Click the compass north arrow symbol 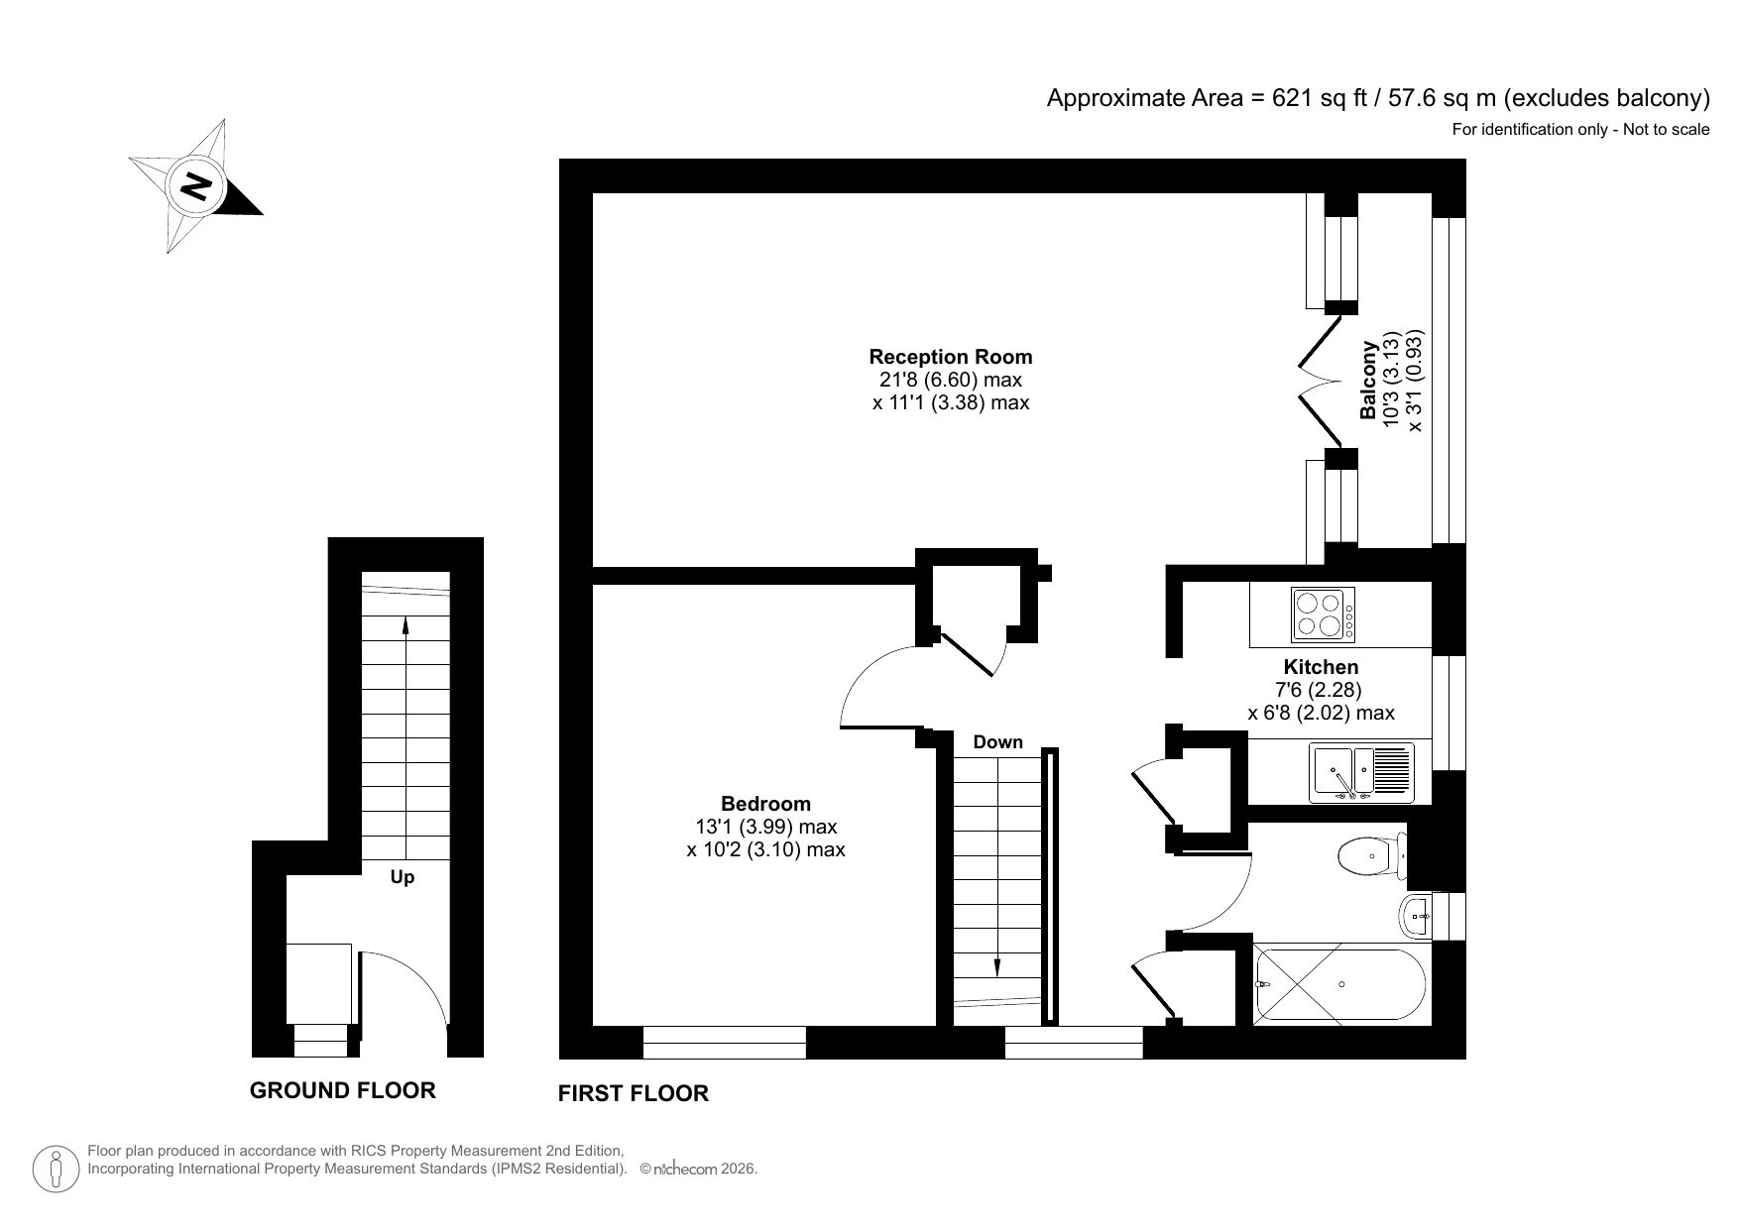[196, 185]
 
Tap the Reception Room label [950, 357]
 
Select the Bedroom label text [765, 804]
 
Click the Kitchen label [1321, 667]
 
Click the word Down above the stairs [997, 742]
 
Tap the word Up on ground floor [403, 877]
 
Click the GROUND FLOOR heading [342, 1090]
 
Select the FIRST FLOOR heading [633, 1093]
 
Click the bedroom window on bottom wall [724, 1043]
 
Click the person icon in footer [58, 1170]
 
